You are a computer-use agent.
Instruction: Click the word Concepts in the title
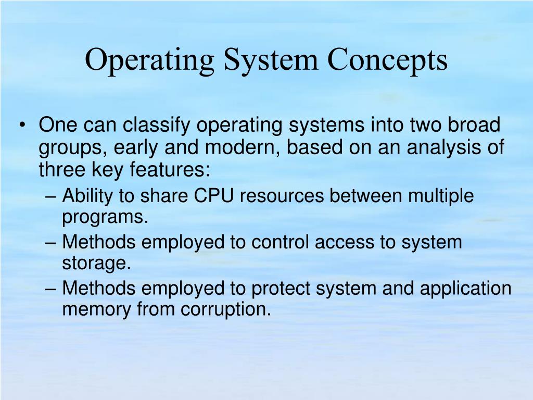click(388, 60)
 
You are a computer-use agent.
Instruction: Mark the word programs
click(105, 217)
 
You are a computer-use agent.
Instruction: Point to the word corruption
click(226, 309)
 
